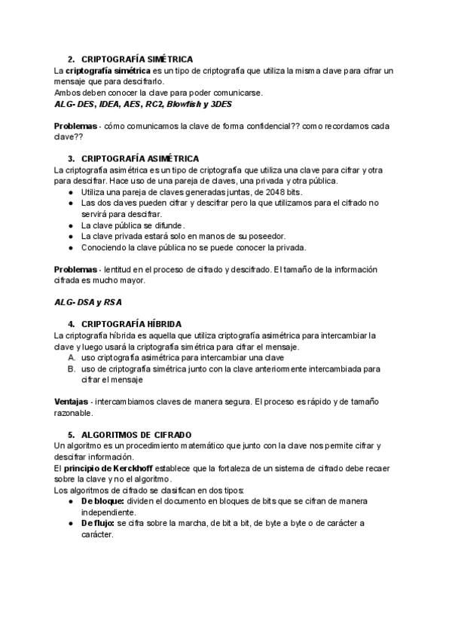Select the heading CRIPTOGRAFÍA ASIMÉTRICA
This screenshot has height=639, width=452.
(139, 158)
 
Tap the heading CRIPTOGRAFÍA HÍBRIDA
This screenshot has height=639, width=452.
(130, 323)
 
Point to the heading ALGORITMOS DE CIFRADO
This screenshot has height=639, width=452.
(136, 435)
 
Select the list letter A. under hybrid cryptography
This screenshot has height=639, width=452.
(72, 357)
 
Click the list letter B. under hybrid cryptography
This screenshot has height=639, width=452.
(72, 368)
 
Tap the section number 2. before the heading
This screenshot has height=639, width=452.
(71, 58)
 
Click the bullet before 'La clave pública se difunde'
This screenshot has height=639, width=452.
(71, 225)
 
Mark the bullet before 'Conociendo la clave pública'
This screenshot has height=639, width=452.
(71, 247)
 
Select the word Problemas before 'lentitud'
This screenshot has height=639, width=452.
(75, 269)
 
